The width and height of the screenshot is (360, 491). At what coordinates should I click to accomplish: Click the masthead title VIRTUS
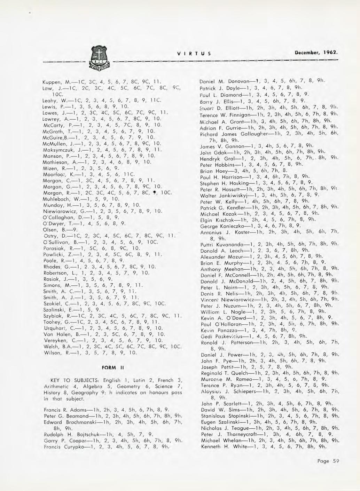(192, 54)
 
